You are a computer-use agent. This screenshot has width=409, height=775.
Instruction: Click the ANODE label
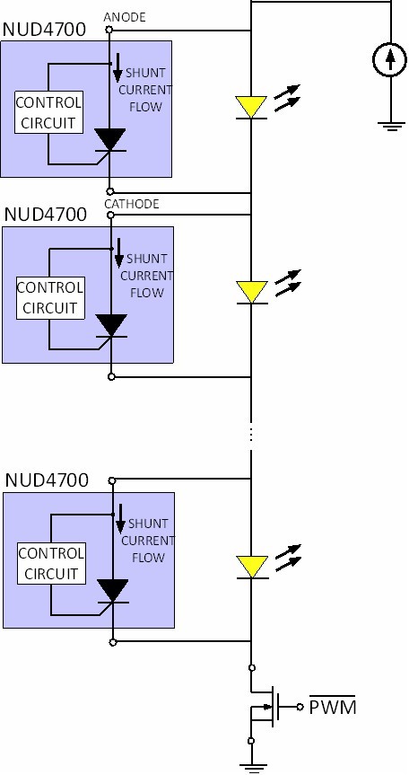click(x=125, y=17)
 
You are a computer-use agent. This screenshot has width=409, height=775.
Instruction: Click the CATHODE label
click(x=132, y=204)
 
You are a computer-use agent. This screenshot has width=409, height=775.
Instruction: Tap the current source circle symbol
click(x=390, y=59)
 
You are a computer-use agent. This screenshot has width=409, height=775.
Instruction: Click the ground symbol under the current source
click(x=391, y=126)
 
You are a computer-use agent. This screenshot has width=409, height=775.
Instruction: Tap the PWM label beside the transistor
click(x=332, y=706)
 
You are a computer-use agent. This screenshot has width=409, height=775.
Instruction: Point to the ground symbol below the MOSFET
click(x=252, y=768)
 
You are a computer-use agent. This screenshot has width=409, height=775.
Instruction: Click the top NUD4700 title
click(x=44, y=29)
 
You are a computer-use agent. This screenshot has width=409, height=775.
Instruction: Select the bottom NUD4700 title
click(x=47, y=480)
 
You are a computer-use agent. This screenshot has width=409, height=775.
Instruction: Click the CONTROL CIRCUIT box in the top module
click(x=48, y=112)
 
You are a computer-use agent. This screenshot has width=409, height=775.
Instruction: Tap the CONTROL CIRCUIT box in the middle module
click(x=50, y=298)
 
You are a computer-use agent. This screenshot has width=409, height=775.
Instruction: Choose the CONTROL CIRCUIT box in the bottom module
click(x=51, y=563)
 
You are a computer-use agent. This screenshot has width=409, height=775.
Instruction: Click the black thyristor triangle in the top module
click(x=109, y=140)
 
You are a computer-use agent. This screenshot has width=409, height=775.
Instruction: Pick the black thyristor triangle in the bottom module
click(x=113, y=591)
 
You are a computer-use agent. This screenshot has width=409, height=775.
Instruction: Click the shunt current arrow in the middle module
click(x=118, y=253)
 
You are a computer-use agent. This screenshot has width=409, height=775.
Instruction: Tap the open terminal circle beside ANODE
click(x=109, y=31)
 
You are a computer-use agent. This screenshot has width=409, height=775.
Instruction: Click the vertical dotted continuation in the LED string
click(x=251, y=435)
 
